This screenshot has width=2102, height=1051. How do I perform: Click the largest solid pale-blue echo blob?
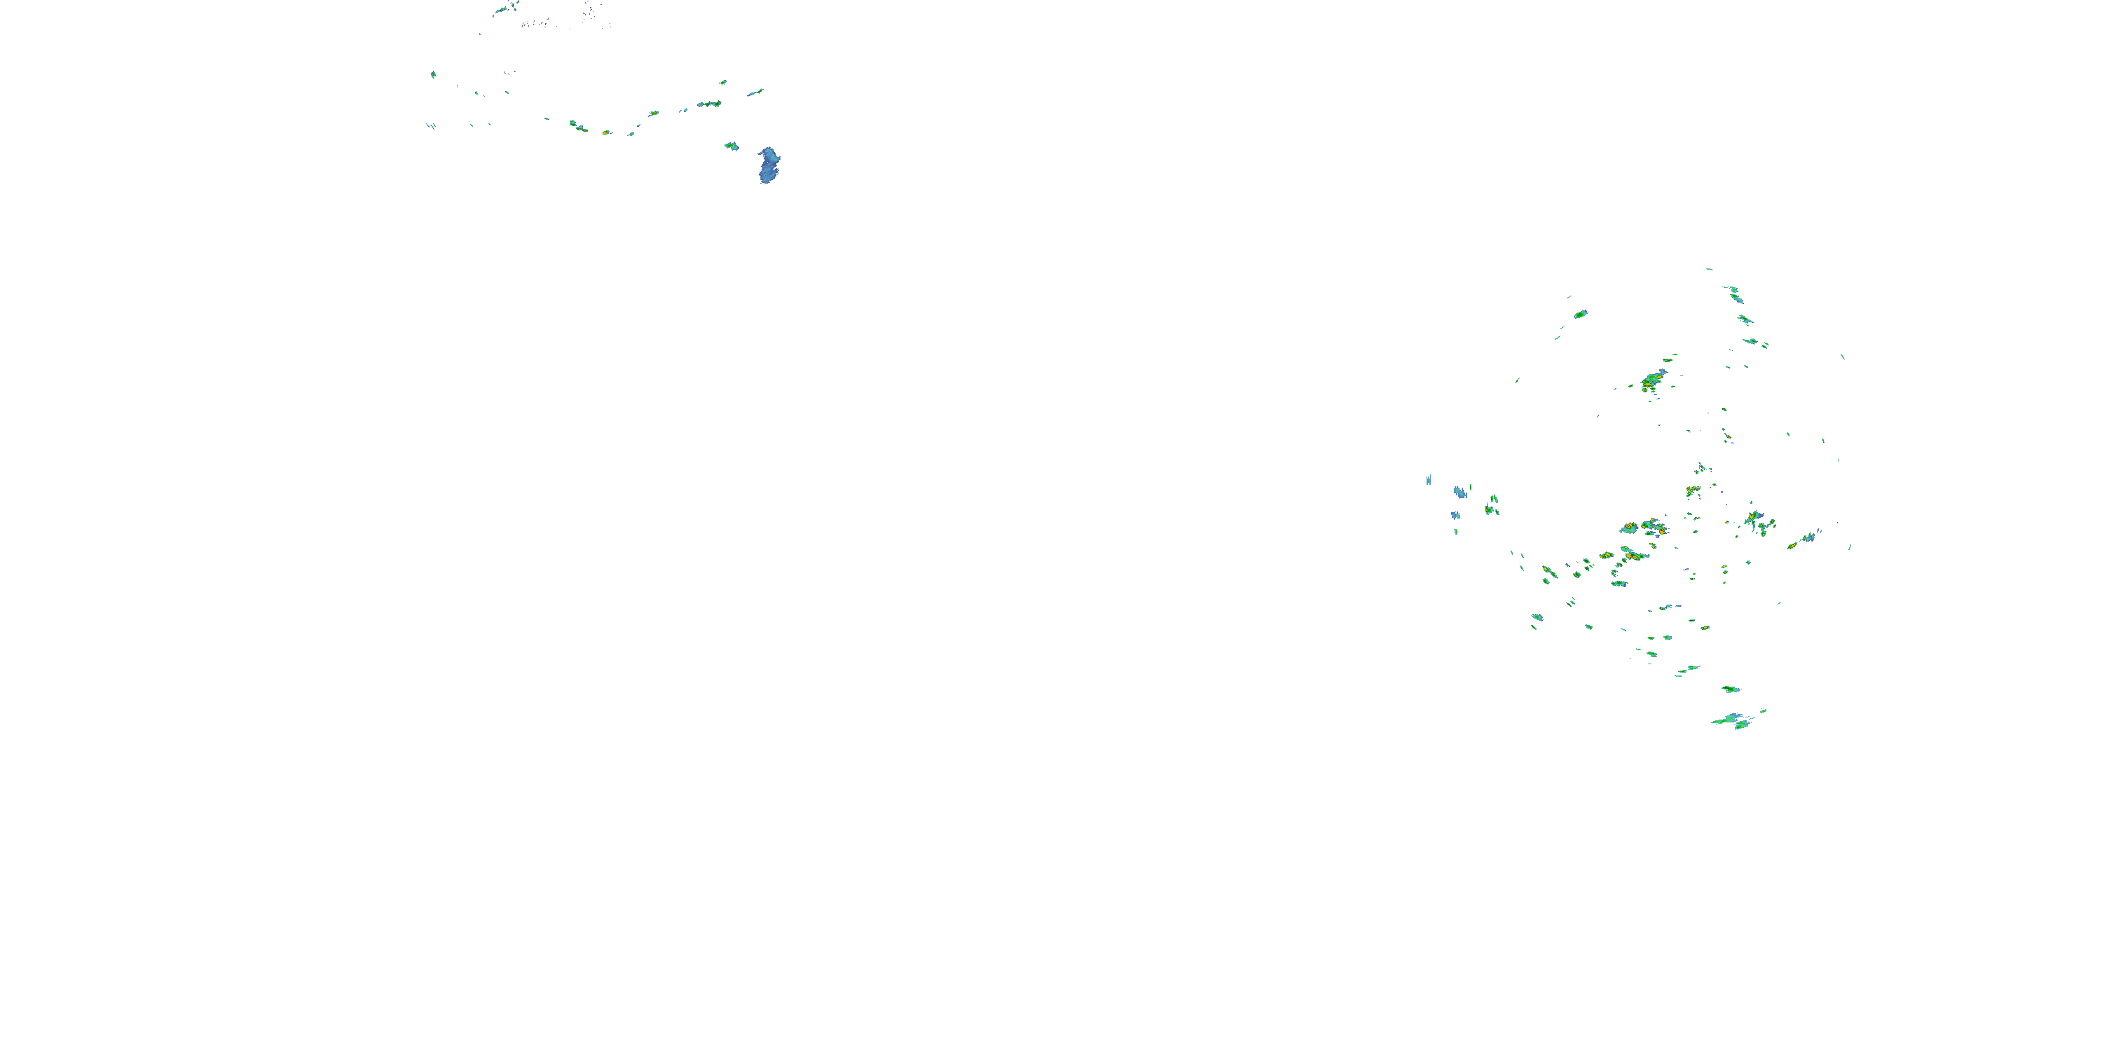[769, 165]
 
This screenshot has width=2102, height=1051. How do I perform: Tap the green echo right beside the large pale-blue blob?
[731, 146]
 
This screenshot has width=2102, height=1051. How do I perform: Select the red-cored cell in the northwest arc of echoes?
[605, 132]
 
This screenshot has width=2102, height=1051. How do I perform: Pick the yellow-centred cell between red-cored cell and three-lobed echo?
[579, 128]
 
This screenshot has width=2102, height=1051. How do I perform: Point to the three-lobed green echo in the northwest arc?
[709, 104]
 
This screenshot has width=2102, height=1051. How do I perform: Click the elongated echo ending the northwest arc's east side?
[755, 93]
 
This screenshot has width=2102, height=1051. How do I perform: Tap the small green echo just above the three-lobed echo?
[723, 83]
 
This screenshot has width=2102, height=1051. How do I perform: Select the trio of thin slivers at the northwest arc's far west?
[430, 125]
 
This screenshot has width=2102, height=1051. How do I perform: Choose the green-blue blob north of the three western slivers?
[433, 74]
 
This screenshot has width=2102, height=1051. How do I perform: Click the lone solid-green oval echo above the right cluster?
[1581, 314]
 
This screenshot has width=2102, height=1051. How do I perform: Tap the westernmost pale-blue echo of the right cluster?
[1428, 481]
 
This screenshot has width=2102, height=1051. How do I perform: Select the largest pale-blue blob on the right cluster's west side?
[1459, 493]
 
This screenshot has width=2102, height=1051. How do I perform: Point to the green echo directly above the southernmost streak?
[1731, 689]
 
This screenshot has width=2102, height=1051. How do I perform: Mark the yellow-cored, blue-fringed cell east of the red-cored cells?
[1754, 519]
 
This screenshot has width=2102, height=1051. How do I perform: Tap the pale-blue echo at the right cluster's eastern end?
[1809, 537]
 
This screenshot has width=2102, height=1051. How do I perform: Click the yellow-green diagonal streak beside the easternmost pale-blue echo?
[1794, 544]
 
